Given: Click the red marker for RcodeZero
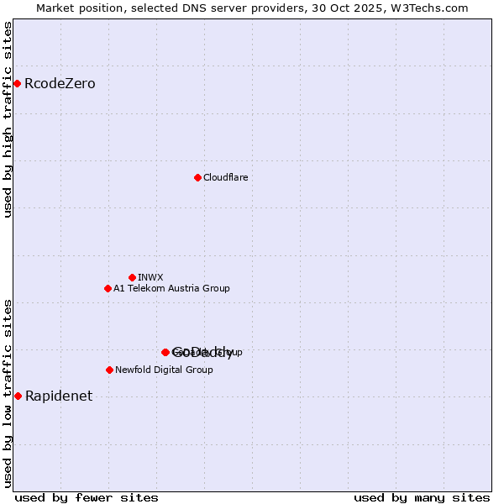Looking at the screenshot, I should click(x=17, y=83).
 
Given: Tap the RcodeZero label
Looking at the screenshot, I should click(x=60, y=84).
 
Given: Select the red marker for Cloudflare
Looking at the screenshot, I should click(x=197, y=177).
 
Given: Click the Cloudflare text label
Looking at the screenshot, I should click(x=225, y=178).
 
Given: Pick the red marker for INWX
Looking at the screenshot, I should click(x=132, y=277).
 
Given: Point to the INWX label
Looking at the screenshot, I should click(x=150, y=278).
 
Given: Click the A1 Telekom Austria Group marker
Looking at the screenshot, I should click(x=108, y=288).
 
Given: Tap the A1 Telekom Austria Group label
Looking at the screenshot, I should click(x=171, y=289).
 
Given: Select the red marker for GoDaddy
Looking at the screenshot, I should click(x=165, y=352).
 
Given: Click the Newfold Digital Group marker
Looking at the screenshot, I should click(x=109, y=370).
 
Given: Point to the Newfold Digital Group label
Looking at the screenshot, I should click(x=164, y=370).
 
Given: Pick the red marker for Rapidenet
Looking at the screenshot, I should click(x=18, y=396).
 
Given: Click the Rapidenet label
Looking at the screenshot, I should click(x=59, y=396).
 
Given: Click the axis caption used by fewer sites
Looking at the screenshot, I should click(x=87, y=497).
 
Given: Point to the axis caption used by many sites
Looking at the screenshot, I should click(x=422, y=497).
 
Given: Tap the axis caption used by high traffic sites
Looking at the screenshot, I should click(x=8, y=119).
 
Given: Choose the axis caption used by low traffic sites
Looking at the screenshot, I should click(x=8, y=393).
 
